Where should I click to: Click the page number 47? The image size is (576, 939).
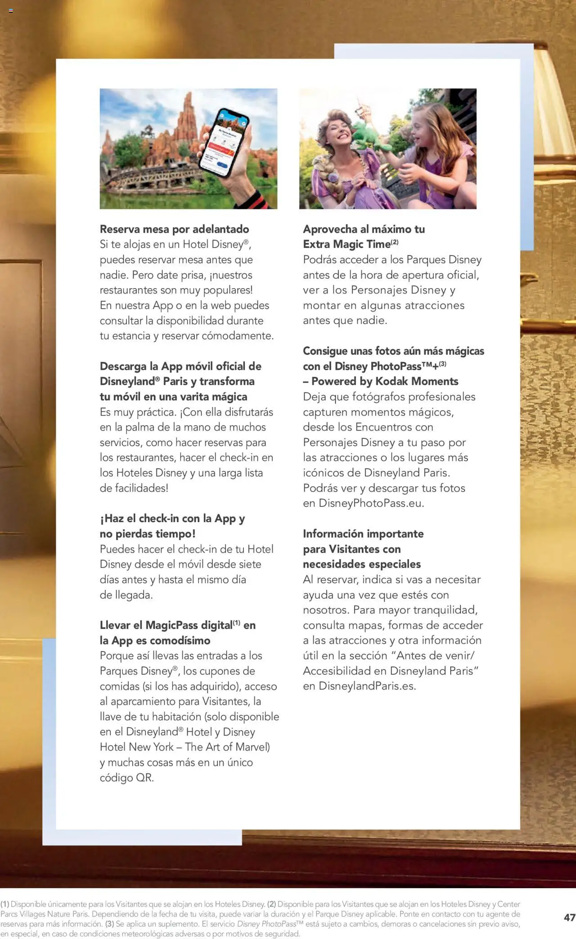tap(569, 917)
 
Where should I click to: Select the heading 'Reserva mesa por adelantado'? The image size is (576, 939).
tap(174, 229)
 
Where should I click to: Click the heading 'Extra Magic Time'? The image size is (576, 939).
tap(346, 244)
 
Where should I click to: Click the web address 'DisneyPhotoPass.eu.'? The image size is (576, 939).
tap(371, 503)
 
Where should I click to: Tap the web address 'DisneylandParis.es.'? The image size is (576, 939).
tap(367, 686)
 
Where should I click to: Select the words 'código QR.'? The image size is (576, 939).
tap(127, 777)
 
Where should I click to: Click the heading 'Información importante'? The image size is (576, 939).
tap(363, 534)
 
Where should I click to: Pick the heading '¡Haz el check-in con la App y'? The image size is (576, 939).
tap(172, 519)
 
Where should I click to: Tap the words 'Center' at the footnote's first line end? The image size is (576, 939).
tap(508, 904)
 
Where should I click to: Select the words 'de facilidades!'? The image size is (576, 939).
tap(134, 488)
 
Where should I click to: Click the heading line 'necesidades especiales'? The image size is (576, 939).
tap(362, 564)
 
